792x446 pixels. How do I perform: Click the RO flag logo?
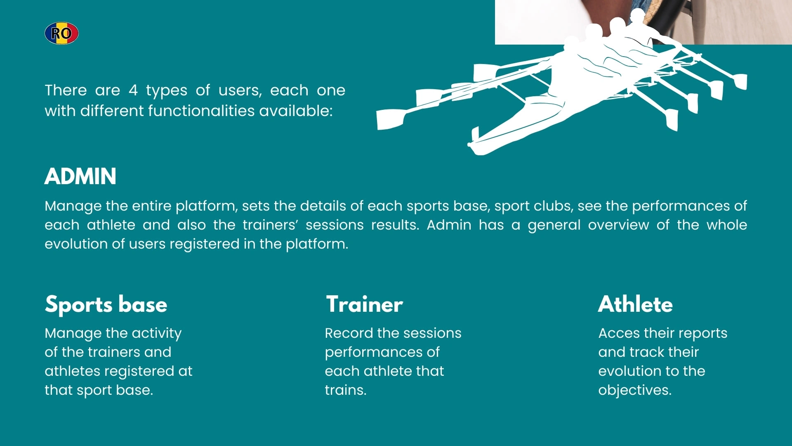(61, 33)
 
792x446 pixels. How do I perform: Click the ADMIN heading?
(80, 176)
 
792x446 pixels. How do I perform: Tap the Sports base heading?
(106, 304)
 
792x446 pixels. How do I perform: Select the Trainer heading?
(364, 304)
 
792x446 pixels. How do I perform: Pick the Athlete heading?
(635, 304)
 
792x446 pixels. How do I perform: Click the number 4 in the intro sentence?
(133, 90)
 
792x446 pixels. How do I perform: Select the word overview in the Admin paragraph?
(618, 225)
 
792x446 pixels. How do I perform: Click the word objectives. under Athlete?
(635, 390)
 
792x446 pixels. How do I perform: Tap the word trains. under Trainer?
(346, 390)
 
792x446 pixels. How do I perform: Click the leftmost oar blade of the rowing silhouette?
(390, 119)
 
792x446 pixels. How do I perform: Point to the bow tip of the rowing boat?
(469, 145)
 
